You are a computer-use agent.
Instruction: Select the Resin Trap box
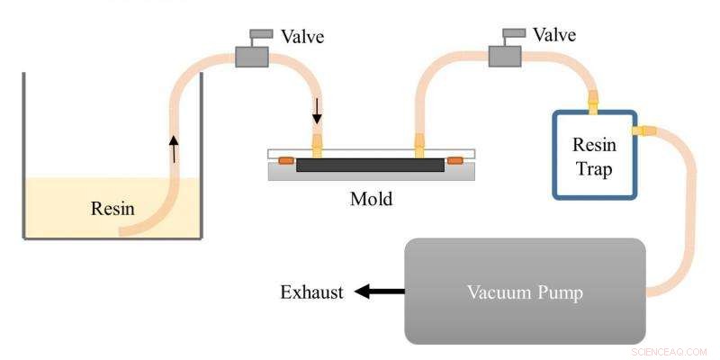coord(594,155)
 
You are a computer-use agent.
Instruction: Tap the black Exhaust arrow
coord(377,292)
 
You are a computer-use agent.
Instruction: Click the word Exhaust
coord(311,292)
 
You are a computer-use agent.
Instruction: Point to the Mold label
coord(371,199)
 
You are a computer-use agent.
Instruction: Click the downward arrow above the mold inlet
coord(317,112)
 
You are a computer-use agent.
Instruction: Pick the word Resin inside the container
coord(112,210)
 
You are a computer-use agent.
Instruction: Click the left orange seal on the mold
coord(285,161)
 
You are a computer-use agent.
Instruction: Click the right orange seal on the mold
coord(455,161)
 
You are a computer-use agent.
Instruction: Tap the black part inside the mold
coord(370,166)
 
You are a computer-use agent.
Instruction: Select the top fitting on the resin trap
coord(593,100)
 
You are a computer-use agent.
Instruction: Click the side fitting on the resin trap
coord(644,131)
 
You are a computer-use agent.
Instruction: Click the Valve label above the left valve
coord(302,37)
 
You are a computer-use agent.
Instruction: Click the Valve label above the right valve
coord(555,35)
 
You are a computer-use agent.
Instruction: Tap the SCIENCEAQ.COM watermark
coord(670,352)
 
